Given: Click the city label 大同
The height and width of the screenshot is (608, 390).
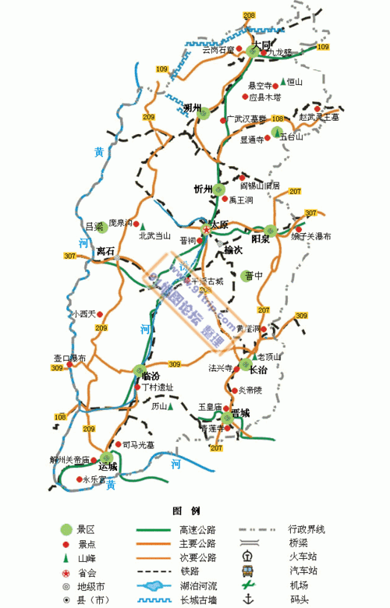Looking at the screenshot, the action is point(261,46).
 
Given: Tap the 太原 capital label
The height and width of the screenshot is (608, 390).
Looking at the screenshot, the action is point(219,224).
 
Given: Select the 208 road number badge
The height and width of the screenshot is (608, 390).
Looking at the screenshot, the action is point(249,16).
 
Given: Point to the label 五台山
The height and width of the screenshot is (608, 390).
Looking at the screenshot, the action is point(291,136).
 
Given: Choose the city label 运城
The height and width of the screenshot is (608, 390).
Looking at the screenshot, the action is point(108,466).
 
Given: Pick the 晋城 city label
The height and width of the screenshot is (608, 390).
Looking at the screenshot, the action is point(239,412).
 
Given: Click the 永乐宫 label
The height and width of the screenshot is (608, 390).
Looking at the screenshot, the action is point(93,479).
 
